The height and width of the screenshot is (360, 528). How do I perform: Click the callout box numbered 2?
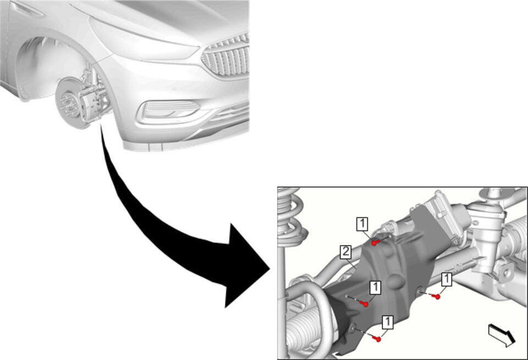(x=346, y=252)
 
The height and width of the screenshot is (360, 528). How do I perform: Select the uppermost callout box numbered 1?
(x=362, y=224)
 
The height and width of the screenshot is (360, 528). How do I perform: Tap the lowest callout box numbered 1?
(x=388, y=323)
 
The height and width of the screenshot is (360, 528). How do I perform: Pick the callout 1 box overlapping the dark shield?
(x=375, y=288)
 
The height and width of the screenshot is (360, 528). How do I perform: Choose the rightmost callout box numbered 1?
(x=447, y=280)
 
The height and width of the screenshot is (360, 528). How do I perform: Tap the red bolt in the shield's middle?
(x=364, y=304)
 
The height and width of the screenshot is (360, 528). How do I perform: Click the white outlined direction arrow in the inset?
(x=502, y=335)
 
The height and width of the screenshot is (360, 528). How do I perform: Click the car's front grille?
(x=226, y=57)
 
